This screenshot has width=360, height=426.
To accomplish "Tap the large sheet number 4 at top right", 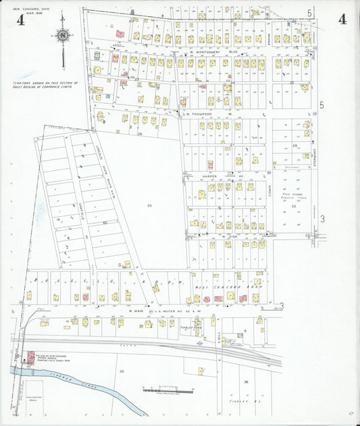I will coord(343,18).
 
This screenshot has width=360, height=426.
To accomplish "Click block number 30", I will coord(150,205).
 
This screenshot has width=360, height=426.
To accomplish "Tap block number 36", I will coord(247,382).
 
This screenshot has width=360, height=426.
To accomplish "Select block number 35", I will coord(122,371).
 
